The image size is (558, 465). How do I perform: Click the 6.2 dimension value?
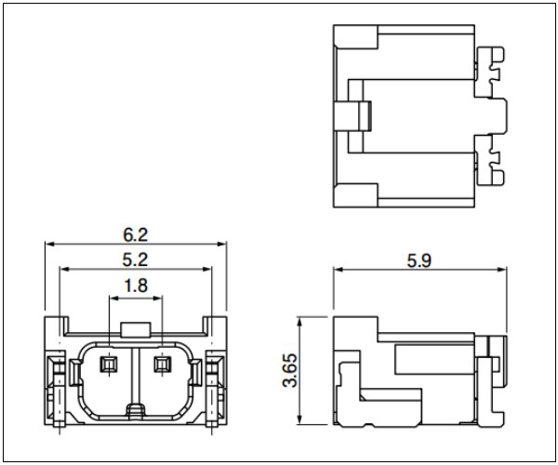(135, 234)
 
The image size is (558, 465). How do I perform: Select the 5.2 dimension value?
(135, 259)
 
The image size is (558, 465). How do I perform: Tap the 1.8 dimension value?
(136, 286)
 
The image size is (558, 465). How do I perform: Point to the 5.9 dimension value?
(419, 260)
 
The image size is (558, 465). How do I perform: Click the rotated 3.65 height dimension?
(290, 370)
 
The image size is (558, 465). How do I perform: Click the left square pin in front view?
(110, 365)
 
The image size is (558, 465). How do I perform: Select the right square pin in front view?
(162, 365)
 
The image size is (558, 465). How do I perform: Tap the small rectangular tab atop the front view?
(135, 329)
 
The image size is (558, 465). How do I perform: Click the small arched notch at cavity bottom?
(136, 410)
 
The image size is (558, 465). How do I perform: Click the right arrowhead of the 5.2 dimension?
(206, 269)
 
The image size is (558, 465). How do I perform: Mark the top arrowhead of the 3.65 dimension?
(300, 322)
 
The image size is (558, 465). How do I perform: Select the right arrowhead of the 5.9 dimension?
(502, 270)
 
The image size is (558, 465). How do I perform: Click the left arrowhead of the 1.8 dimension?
(113, 299)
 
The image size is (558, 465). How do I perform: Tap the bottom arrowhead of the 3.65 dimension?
(300, 419)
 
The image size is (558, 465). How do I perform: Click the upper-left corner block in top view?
(355, 36)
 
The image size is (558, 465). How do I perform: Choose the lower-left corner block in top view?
(355, 195)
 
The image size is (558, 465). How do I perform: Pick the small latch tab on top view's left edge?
(352, 116)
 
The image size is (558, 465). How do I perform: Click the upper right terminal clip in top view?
(490, 72)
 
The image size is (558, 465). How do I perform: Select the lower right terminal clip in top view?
(490, 160)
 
